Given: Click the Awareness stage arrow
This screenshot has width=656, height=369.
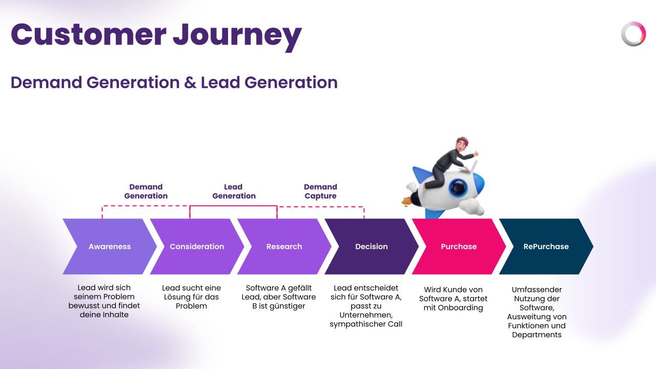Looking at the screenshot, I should coord(110,247).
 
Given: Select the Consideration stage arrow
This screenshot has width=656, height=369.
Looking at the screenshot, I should coord(197,247).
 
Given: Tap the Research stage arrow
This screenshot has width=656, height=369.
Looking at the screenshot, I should coord(284,247).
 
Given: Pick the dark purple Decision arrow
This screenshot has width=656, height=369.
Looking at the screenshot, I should coord(372,247).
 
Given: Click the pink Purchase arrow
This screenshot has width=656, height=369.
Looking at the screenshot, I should coord(459,247).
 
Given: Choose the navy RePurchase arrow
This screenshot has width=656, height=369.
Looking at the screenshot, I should coord(546,247).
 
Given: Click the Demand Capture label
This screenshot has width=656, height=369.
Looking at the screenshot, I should coord(320,191).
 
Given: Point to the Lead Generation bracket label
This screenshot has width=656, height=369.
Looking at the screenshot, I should coord(234,191).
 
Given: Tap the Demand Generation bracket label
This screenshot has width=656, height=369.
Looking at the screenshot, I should coord(146,191).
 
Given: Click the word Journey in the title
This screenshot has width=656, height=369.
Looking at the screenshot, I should coord(237,35).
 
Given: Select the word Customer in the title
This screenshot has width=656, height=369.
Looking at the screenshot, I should coord(88,35).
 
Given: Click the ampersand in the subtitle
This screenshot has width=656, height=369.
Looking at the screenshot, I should coord(190,83).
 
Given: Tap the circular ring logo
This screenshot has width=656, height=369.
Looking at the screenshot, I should coord(633,34).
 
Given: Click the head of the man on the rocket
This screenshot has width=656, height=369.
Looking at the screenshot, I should coord(462,146).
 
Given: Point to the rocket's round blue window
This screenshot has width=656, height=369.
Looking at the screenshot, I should coord(458,188).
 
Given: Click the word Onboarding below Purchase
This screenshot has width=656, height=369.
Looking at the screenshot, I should coord(460,308).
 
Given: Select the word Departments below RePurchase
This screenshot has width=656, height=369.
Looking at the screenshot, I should coord(537,335).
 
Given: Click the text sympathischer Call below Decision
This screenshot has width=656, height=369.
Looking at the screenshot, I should coord(366,324).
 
